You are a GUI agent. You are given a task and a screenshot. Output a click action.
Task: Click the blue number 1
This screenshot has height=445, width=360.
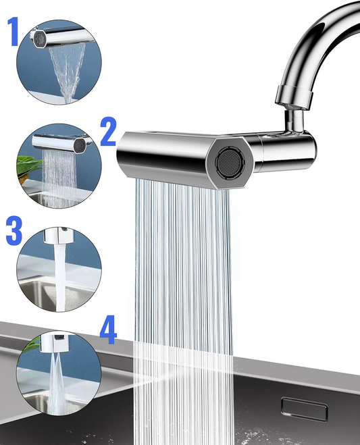click(13, 31)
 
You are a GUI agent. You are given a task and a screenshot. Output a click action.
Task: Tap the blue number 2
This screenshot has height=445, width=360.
click(108, 132)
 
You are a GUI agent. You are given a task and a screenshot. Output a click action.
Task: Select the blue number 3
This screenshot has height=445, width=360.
click(14, 230)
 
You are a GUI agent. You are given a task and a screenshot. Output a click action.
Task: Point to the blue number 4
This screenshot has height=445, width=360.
click(108, 330)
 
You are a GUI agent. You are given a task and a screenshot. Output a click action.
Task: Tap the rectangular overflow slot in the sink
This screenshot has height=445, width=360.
click(304, 409)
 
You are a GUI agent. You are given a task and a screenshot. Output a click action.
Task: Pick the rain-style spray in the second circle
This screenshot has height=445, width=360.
click(59, 178)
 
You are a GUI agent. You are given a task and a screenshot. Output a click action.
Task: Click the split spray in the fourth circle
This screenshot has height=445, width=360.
click(57, 383)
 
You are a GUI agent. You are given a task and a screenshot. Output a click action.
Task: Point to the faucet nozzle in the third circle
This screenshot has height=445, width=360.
click(59, 235)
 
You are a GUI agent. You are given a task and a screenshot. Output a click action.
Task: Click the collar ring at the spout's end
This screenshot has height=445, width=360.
click(294, 96)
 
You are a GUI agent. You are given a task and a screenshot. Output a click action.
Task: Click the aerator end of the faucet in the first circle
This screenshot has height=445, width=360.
click(39, 38)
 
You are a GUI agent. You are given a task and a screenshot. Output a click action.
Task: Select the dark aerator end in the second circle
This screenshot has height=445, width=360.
click(79, 145)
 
